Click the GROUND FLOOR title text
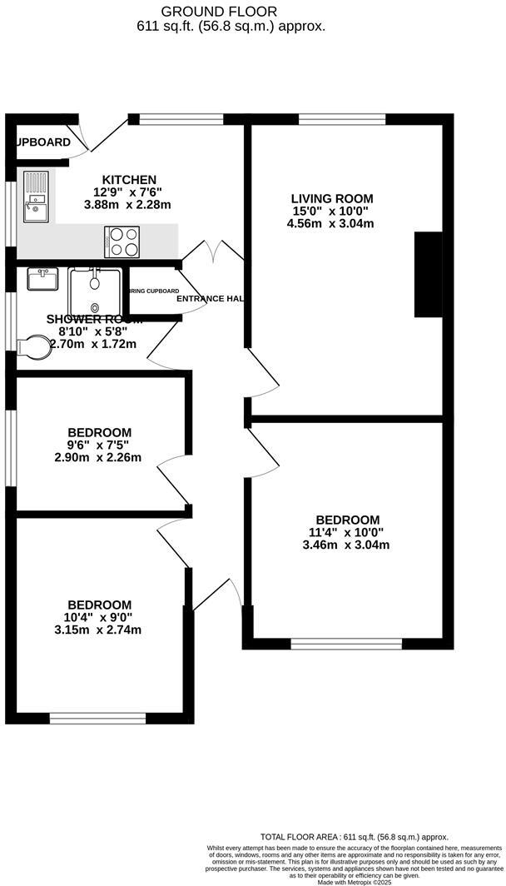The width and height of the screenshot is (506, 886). pos(231,11)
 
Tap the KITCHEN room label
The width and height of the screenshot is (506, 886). pos(129,180)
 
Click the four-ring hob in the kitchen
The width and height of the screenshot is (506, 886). pos(121,241)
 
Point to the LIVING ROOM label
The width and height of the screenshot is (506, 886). pos(331,198)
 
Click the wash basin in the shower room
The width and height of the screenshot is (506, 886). pos(42,278)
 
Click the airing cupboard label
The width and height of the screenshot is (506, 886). pos(153,291)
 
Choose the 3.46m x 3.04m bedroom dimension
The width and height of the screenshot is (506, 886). pos(348,545)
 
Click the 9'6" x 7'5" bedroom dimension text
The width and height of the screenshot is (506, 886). pos(99,445)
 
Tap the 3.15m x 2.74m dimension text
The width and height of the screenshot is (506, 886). pos(99,630)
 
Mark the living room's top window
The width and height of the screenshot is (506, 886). pos(341,119)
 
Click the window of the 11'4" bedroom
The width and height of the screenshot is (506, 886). pos(346,643)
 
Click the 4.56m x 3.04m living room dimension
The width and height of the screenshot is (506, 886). pos(330,223)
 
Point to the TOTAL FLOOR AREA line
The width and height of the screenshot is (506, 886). pos(354,837)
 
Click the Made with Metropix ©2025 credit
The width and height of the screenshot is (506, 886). pos(354,882)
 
